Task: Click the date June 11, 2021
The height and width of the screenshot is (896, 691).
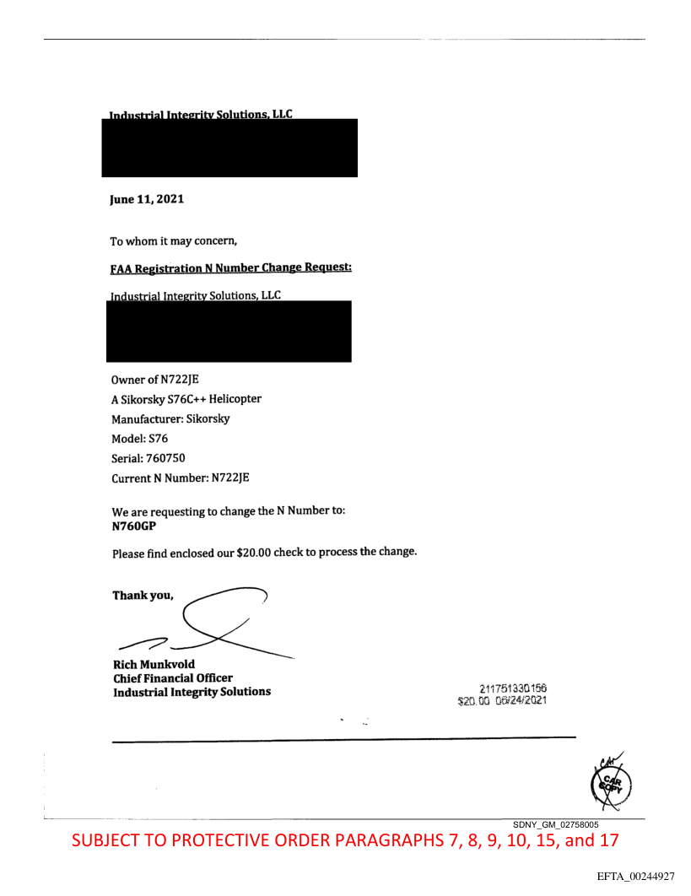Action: coord(147,200)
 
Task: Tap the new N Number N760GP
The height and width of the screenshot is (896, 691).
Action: coord(134,526)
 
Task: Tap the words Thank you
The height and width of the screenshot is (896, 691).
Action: coord(143,595)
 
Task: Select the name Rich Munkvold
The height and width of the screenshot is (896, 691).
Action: coord(154,664)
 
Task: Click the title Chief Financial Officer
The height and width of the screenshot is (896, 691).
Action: coord(172,677)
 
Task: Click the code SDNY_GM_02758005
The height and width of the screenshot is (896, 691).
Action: coord(556,823)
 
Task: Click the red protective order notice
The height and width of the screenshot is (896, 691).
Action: coord(345,841)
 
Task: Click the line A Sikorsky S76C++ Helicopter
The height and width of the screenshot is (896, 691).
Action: coord(186,399)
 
